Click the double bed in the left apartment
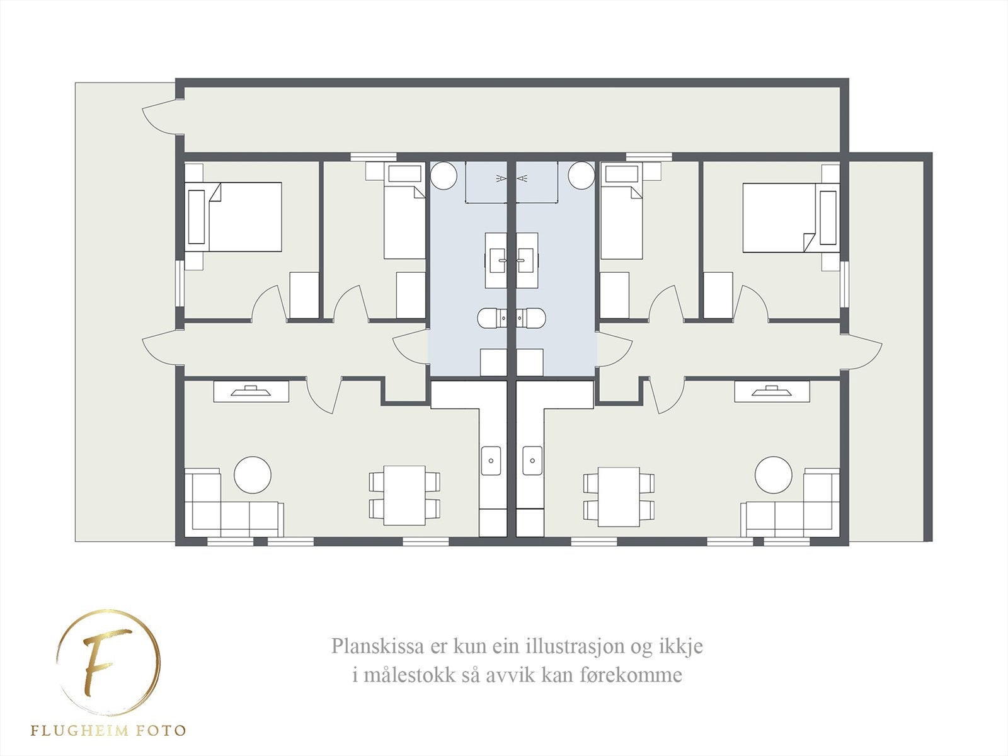[243, 217]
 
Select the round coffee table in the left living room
[253, 475]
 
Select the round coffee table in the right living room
[774, 475]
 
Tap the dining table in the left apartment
[404, 496]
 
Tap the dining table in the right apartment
[619, 496]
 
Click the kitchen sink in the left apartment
[491, 461]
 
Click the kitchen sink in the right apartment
[532, 461]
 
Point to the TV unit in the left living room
[251, 391]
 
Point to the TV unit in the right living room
[772, 391]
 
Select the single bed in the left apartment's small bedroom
[404, 220]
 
